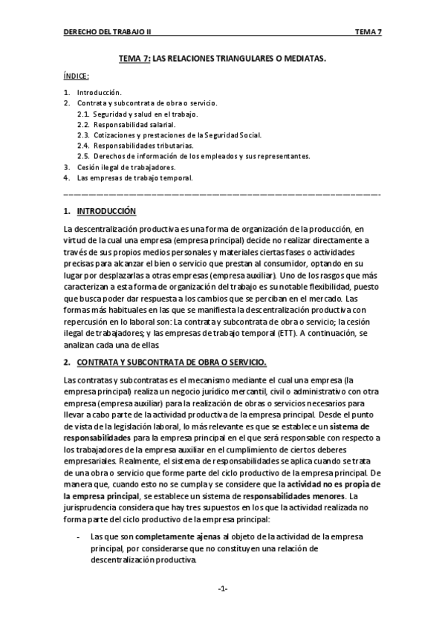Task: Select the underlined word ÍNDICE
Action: pos(77,76)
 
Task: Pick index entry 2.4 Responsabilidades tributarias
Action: pos(129,146)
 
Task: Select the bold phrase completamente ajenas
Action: pos(177,536)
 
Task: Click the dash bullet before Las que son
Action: pos(79,536)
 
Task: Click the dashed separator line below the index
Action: pos(222,194)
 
